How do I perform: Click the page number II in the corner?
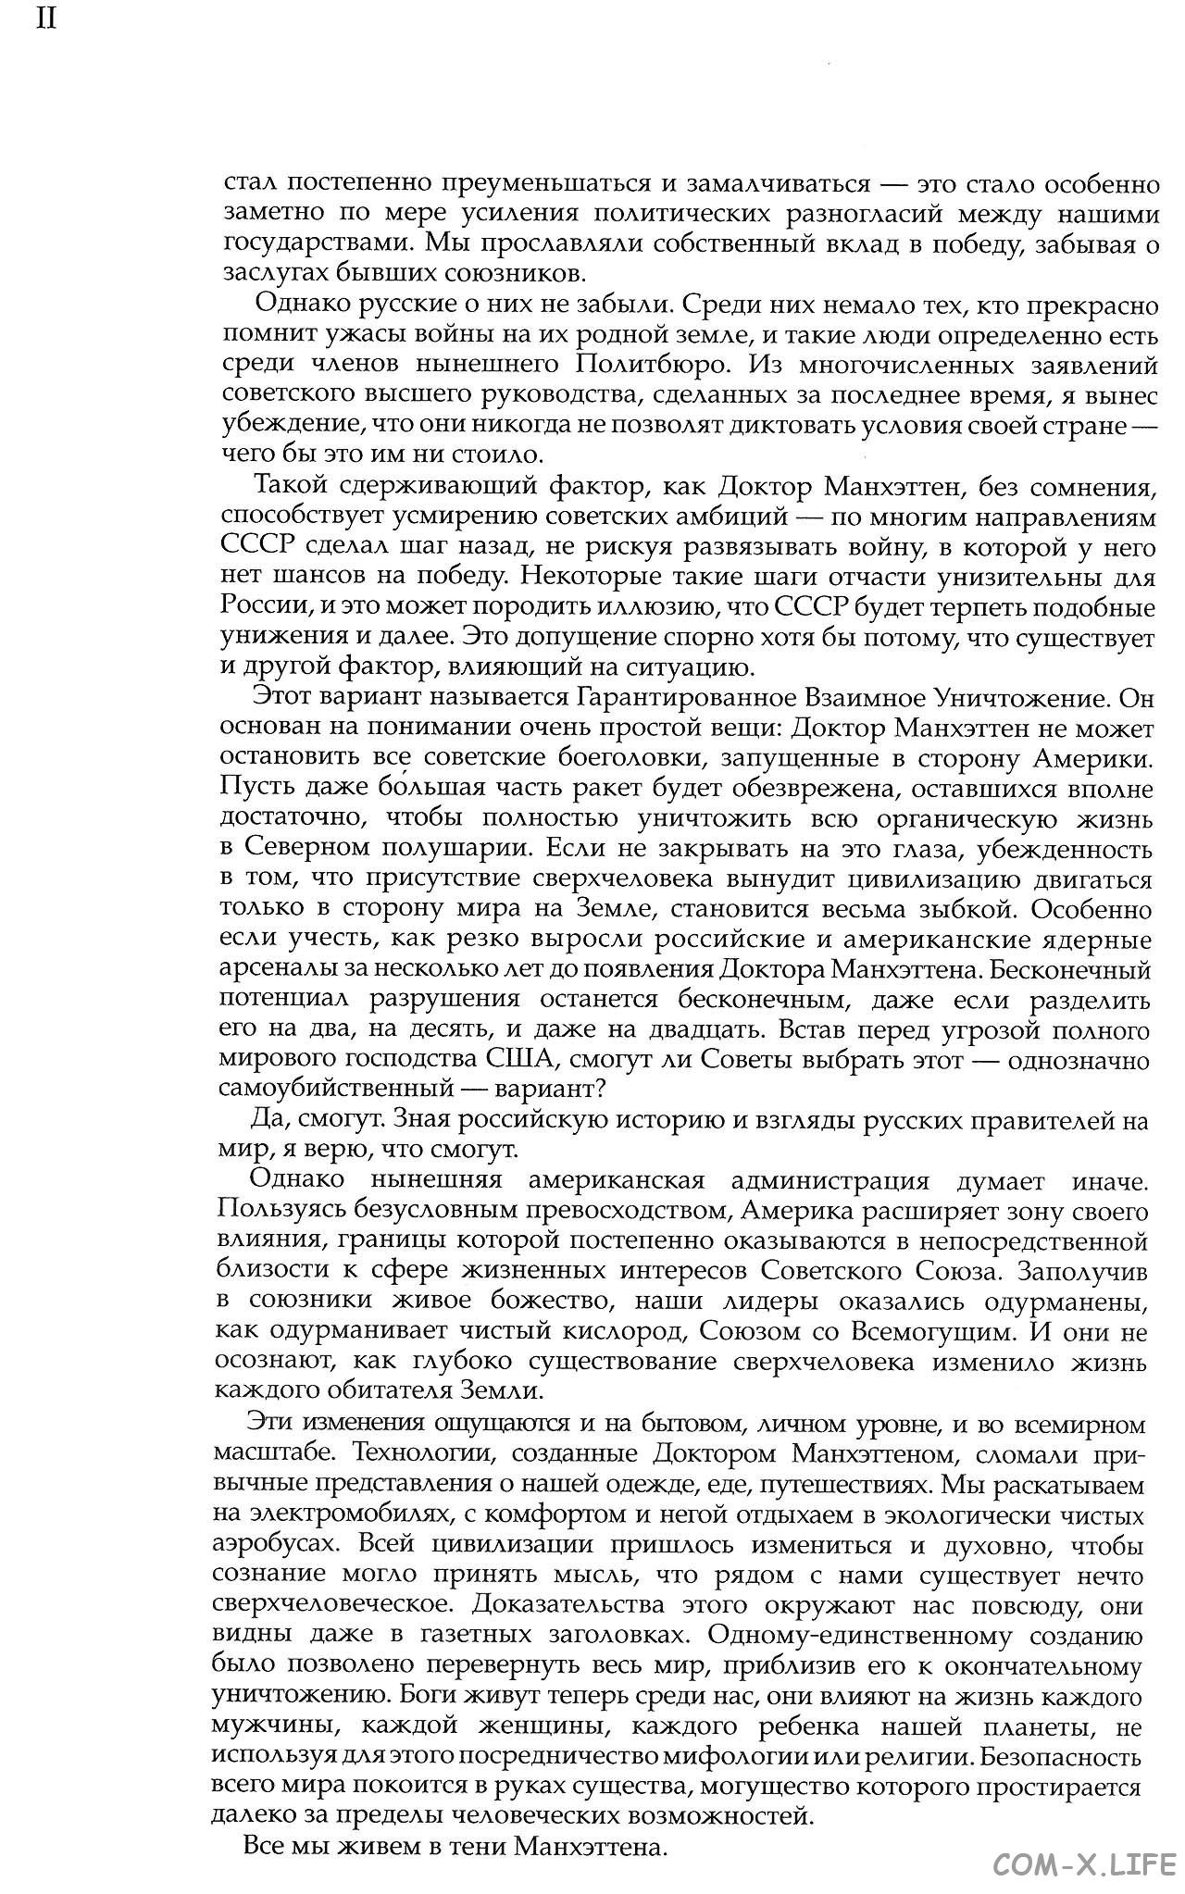click(46, 19)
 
